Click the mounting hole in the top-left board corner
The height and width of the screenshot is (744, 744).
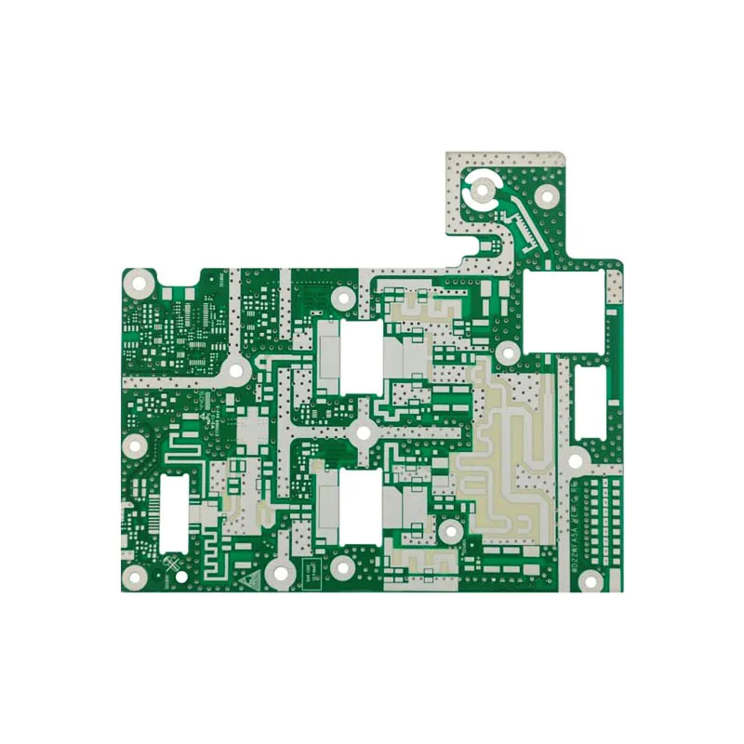(139, 282)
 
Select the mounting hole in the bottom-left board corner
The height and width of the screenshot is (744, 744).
(137, 579)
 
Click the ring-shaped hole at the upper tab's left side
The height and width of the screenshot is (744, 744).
(483, 191)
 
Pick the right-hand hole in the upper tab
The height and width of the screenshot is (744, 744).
(548, 194)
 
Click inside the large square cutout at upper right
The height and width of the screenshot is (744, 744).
(563, 311)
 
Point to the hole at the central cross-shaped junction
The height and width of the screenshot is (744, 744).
(363, 432)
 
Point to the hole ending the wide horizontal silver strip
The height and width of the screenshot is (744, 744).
(234, 369)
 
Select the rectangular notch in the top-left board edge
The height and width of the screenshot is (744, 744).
(177, 276)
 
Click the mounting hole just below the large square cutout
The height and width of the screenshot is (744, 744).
(508, 353)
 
